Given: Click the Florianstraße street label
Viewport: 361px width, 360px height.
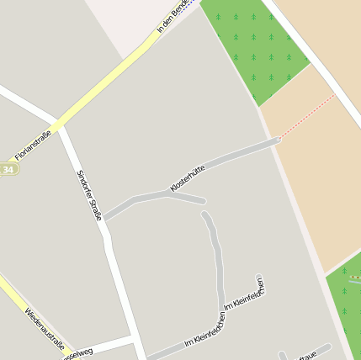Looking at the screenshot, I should point(34,144).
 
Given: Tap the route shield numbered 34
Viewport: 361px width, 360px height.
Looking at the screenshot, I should point(8,169).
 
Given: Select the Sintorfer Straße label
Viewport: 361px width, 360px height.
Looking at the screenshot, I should point(89,196).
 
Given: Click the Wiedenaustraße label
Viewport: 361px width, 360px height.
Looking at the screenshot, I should point(45,327).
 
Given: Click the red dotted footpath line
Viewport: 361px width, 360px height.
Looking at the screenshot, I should point(307,116).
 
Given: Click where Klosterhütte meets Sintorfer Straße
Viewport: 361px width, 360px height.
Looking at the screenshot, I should point(105,217).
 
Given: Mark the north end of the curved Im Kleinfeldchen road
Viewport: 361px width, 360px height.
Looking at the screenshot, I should point(204,215).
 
